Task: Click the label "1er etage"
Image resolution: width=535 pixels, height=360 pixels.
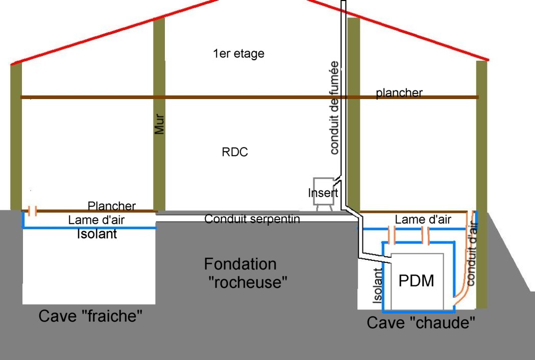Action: point(238,53)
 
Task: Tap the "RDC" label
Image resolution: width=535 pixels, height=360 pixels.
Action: point(235,152)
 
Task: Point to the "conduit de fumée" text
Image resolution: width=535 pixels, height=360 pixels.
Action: point(334,107)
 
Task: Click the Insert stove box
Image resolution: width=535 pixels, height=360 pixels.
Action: point(323,192)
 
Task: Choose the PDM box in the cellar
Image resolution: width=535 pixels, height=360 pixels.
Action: point(416,280)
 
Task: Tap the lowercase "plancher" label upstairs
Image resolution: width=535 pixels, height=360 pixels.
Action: point(399,93)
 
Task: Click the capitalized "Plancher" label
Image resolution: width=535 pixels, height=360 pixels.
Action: point(112,206)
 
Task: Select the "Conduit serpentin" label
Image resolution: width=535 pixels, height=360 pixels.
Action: point(252,219)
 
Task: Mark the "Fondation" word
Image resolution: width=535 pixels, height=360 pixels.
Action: point(240,264)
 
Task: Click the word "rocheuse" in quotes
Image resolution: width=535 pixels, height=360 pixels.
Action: point(249,281)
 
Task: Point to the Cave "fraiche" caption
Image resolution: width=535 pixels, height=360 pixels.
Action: point(90,316)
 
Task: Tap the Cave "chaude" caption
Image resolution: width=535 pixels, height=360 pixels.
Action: point(421,323)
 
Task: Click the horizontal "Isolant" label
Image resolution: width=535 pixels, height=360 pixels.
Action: point(96,234)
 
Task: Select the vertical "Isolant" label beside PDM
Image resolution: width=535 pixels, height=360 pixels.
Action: point(377,287)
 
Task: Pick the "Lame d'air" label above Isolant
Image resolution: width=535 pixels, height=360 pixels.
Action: point(96,221)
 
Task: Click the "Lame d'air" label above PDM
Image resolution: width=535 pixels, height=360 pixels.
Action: point(423,220)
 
